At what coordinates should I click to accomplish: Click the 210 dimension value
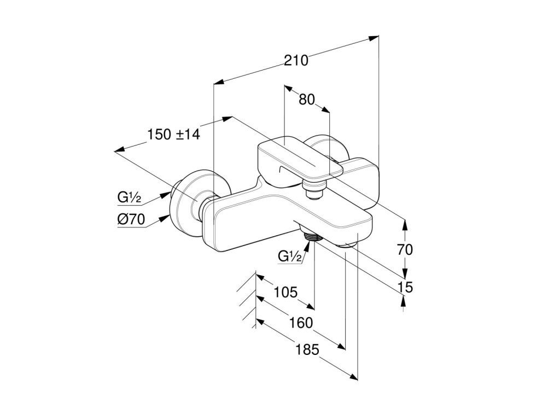pyautogui.click(x=296, y=60)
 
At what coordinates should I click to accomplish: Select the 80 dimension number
pyautogui.click(x=307, y=100)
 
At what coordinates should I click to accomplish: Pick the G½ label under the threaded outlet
pyautogui.click(x=290, y=256)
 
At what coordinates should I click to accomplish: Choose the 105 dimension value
pyautogui.click(x=285, y=292)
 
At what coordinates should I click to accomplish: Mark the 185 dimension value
pyautogui.click(x=307, y=350)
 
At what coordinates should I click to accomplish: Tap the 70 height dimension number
pyautogui.click(x=405, y=250)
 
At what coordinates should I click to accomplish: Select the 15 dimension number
pyautogui.click(x=405, y=287)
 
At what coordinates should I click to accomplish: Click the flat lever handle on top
pyautogui.click(x=298, y=159)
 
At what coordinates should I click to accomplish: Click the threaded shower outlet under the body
pyautogui.click(x=312, y=237)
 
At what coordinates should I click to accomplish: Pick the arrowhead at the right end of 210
pyautogui.click(x=374, y=38)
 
